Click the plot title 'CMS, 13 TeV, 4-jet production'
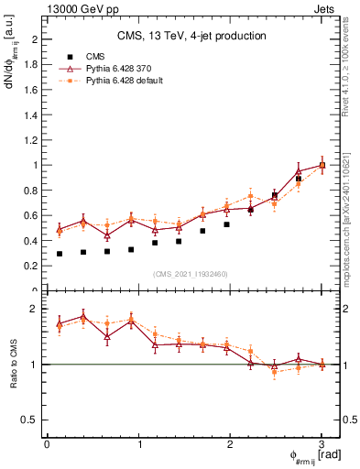coord(191,37)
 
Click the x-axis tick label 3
coord(322,444)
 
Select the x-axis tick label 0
coord(47,444)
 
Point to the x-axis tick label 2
coord(230,444)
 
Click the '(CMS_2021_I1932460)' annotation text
coord(191,274)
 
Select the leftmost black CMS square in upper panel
coord(60,254)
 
